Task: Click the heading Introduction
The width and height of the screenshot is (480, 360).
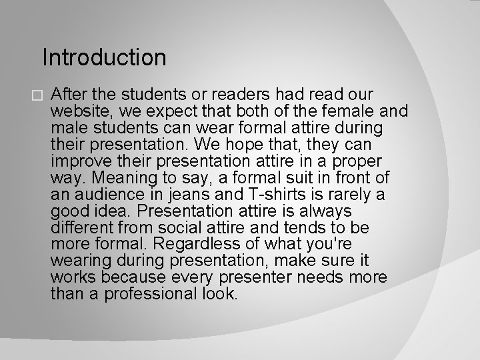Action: pyautogui.click(x=104, y=58)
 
